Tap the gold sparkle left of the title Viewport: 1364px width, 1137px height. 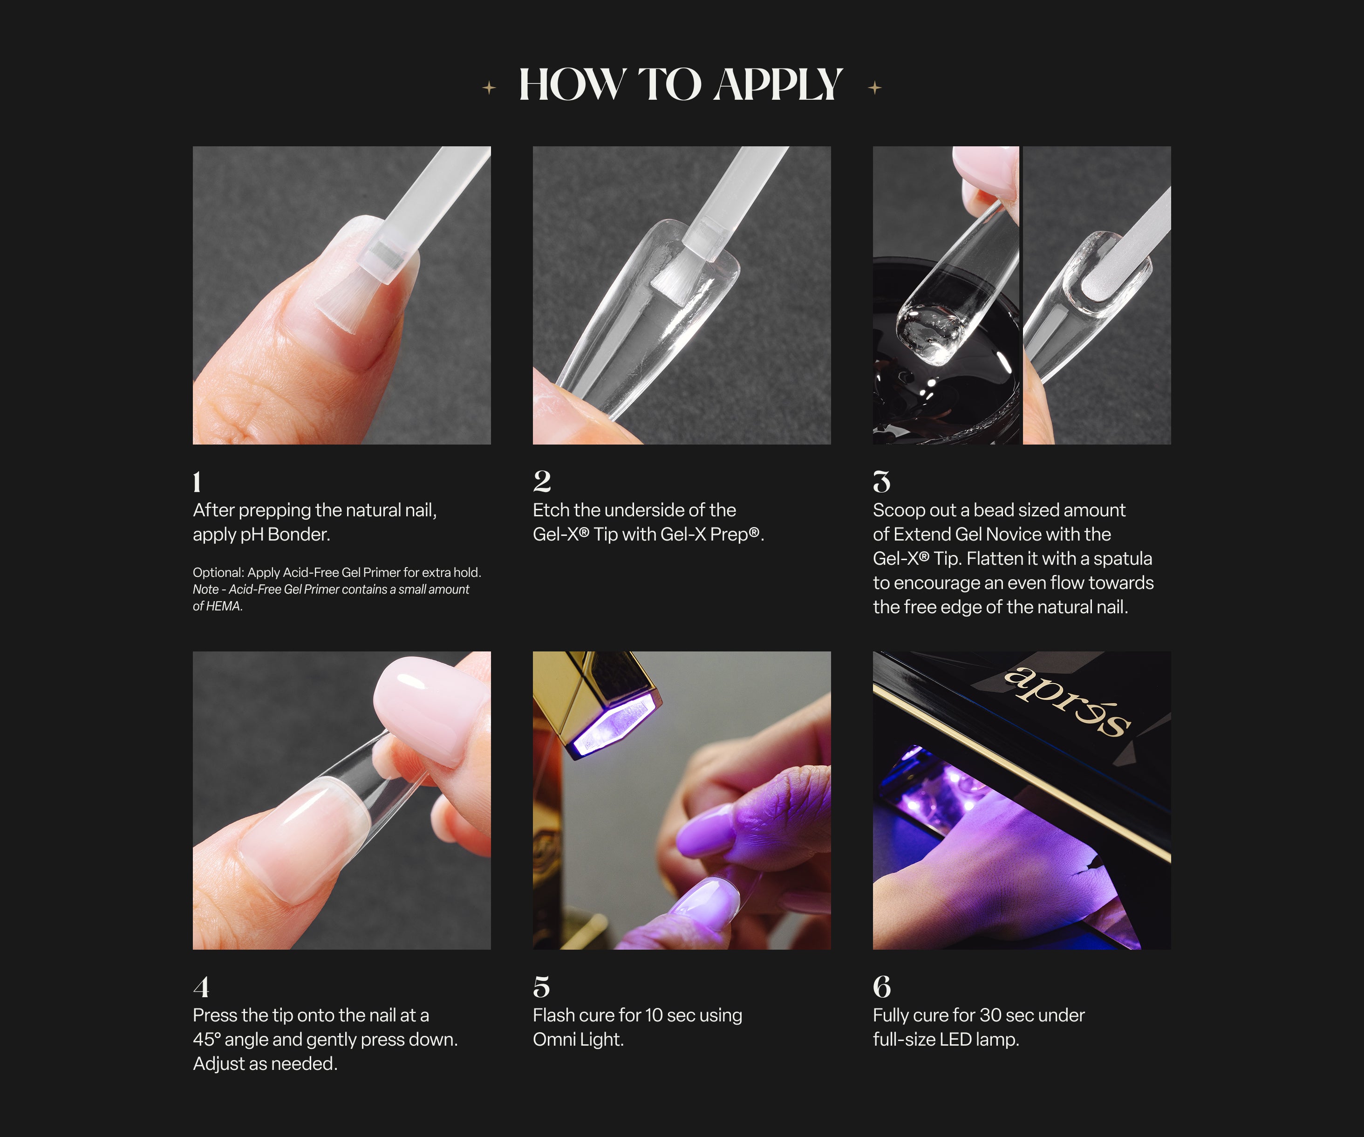pyautogui.click(x=489, y=87)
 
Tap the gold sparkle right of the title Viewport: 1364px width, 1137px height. pyautogui.click(x=875, y=87)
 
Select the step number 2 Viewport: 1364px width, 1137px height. pyautogui.click(x=542, y=481)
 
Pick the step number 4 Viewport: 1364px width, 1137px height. pyautogui.click(x=201, y=987)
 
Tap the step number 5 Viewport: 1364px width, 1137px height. pyautogui.click(x=541, y=987)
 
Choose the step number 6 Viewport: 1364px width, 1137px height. pyautogui.click(x=881, y=987)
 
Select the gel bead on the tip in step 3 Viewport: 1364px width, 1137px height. pyautogui.click(x=930, y=335)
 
